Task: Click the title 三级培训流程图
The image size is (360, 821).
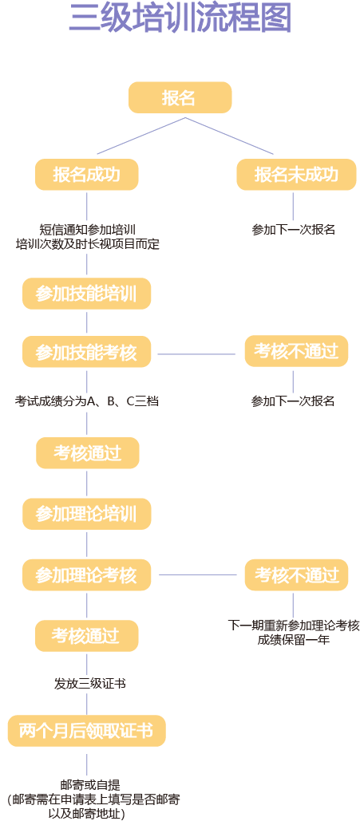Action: point(180,19)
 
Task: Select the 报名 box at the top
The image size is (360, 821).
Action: point(180,97)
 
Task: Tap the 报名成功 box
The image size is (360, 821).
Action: point(86,175)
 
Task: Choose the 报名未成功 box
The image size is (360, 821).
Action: point(296,175)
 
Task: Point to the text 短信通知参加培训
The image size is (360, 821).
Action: point(87,229)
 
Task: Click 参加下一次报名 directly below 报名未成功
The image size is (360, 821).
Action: point(293,230)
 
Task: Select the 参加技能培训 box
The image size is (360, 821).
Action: point(86,294)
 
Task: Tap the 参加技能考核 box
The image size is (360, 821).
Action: point(86,352)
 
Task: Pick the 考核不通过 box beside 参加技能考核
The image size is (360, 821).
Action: point(296,351)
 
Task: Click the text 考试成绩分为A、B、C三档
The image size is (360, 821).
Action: point(87,401)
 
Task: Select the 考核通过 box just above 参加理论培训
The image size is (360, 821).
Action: point(87,453)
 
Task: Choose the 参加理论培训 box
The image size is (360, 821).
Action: point(86,512)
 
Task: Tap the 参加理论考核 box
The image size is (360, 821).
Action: point(86,574)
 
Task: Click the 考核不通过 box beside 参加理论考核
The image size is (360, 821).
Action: point(296,574)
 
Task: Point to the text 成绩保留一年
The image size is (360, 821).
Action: point(293,640)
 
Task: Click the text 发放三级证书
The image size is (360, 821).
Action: point(89,684)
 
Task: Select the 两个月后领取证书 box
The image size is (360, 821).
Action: point(86,730)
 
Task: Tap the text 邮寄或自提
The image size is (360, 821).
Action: point(89,784)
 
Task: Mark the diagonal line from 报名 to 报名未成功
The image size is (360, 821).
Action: point(230,136)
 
